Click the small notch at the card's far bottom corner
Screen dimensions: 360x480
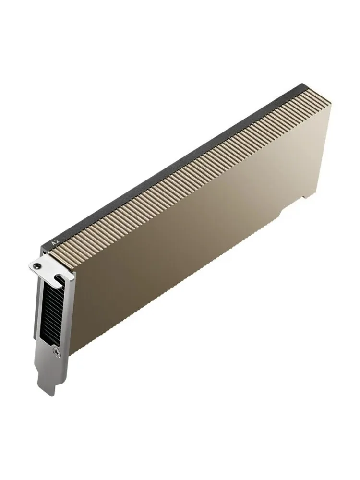[x=305, y=197]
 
